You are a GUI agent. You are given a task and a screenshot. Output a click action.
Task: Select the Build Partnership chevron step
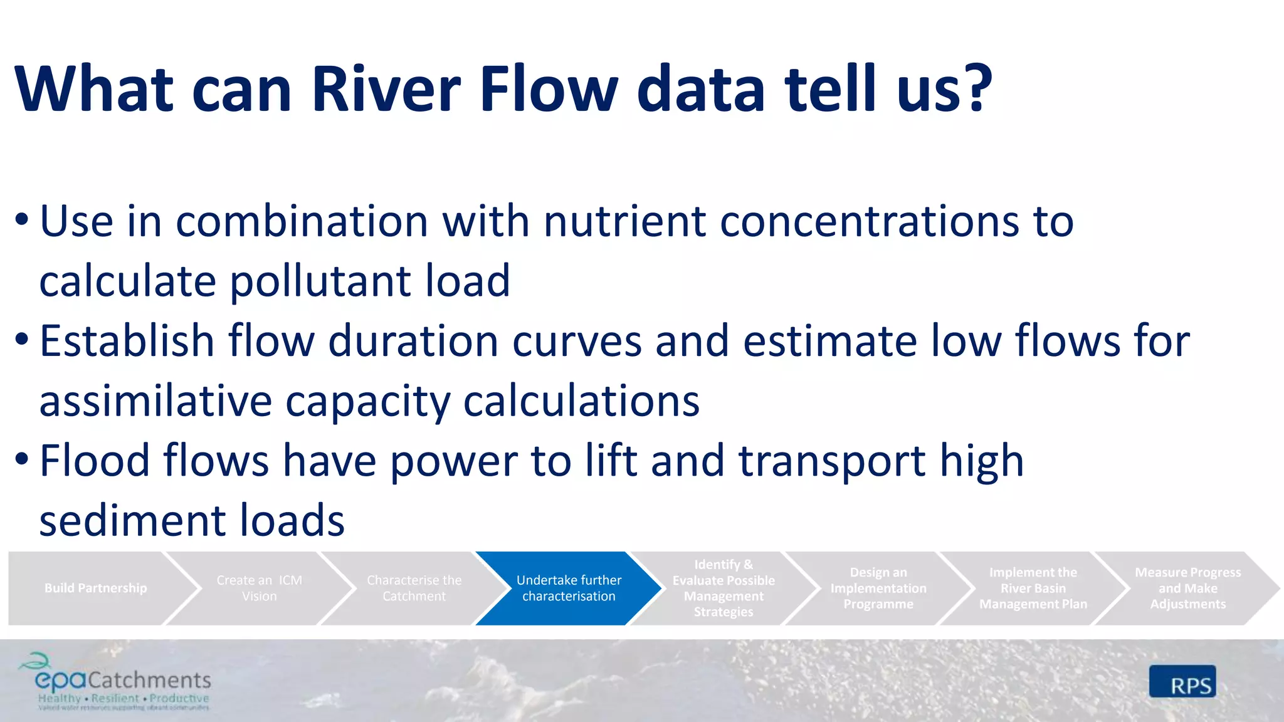pyautogui.click(x=95, y=588)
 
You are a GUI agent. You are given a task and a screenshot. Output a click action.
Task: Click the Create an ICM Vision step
pyautogui.click(x=259, y=588)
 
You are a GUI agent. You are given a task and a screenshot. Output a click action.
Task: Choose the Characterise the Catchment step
pyautogui.click(x=414, y=588)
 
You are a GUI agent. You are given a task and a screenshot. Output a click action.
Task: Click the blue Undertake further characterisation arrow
pyautogui.click(x=569, y=588)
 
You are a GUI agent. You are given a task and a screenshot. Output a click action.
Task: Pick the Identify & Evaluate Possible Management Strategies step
pyautogui.click(x=724, y=588)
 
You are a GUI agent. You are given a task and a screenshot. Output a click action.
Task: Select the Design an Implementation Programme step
pyautogui.click(x=878, y=588)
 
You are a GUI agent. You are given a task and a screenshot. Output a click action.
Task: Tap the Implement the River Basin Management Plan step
pyautogui.click(x=1033, y=588)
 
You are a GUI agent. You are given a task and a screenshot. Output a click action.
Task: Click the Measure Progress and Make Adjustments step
pyautogui.click(x=1187, y=588)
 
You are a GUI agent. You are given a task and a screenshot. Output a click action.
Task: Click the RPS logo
pyautogui.click(x=1182, y=682)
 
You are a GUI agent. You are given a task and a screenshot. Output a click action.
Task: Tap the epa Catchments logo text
pyautogui.click(x=123, y=681)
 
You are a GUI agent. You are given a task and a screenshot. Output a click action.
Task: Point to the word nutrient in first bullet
pyautogui.click(x=624, y=222)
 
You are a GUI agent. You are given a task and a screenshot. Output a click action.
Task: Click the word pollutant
pyautogui.click(x=320, y=281)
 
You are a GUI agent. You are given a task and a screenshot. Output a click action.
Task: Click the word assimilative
pyautogui.click(x=155, y=401)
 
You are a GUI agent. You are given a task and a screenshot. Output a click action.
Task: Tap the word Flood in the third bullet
pyautogui.click(x=95, y=461)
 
